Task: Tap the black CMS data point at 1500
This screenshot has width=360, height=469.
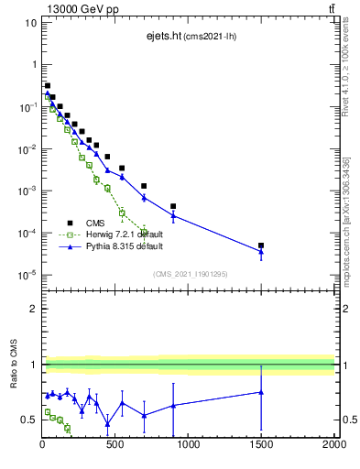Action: (261, 245)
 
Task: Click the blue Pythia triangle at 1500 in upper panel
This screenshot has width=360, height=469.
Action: (261, 251)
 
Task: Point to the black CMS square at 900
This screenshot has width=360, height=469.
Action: (173, 207)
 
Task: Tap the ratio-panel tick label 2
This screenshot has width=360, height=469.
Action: (33, 309)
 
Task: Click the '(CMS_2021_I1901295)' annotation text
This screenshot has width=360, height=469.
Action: (189, 274)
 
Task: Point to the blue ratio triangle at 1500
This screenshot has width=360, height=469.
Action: (261, 392)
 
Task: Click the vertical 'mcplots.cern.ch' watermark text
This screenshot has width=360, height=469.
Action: (347, 266)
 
